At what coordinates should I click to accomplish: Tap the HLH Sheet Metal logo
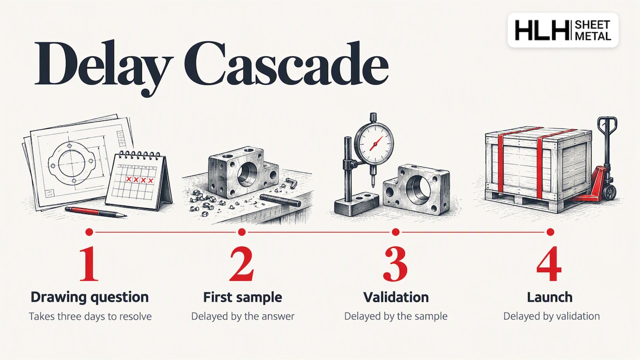pos(563,30)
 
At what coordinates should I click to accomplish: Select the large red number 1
pos(89,263)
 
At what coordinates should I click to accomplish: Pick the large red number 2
pos(241,263)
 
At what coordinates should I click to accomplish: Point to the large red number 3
pos(395,263)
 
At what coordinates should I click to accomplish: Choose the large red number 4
pos(549,263)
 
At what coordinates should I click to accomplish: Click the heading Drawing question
pos(89,297)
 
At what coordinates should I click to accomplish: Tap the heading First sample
pos(242,297)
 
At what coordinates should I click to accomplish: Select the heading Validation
pos(396,297)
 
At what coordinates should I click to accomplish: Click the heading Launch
pos(549,297)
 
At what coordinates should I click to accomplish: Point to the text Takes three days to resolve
pos(90,316)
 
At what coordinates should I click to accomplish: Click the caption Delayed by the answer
pos(243,316)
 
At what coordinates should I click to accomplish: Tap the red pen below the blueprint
pos(96,211)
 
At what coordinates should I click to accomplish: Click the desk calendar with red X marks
pos(139,180)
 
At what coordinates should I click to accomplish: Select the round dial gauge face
pos(374,142)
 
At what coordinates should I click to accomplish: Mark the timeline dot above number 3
pos(395,232)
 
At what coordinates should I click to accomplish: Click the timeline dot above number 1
pos(89,232)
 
